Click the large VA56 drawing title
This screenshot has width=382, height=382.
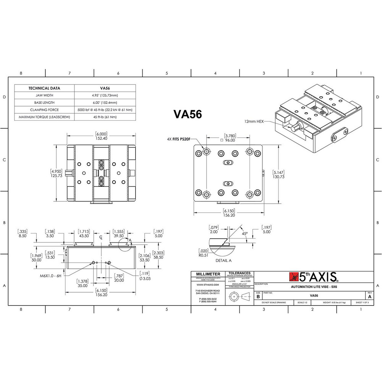(188, 114)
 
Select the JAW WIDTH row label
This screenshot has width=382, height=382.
(44, 95)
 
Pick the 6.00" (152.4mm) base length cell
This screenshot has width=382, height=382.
(105, 102)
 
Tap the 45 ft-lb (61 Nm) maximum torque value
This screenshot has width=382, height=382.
(105, 117)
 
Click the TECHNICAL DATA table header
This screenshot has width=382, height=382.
(44, 88)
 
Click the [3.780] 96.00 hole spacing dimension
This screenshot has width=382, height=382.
(230, 138)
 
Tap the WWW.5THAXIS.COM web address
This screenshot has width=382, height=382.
(208, 285)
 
